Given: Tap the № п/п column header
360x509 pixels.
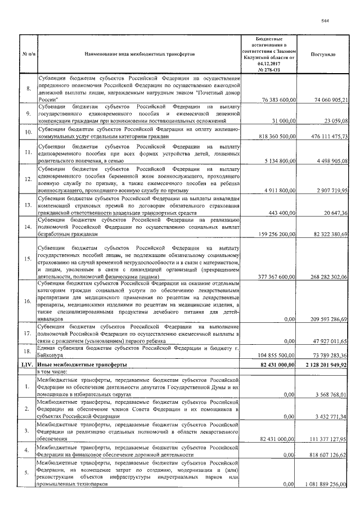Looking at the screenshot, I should click(29, 56).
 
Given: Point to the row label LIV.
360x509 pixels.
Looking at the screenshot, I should click(29, 364).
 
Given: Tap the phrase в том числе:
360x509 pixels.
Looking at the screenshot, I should click(54, 372).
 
